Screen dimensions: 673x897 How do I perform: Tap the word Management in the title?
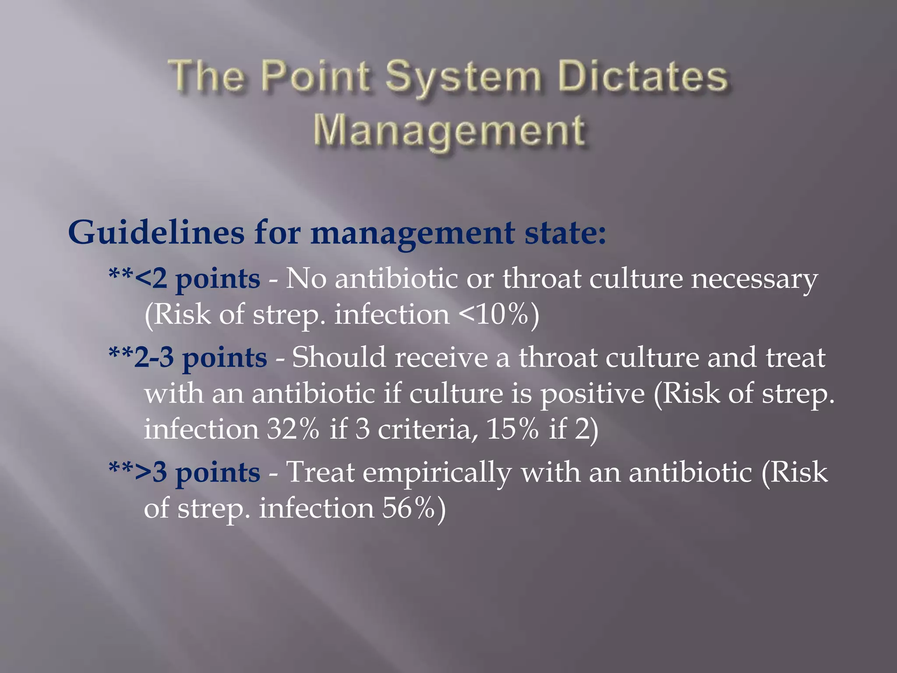point(448,131)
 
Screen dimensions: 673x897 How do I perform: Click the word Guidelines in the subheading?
point(156,232)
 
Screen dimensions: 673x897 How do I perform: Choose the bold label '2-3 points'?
point(201,358)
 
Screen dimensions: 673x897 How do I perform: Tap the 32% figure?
point(293,429)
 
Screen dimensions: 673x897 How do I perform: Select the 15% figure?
point(512,429)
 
